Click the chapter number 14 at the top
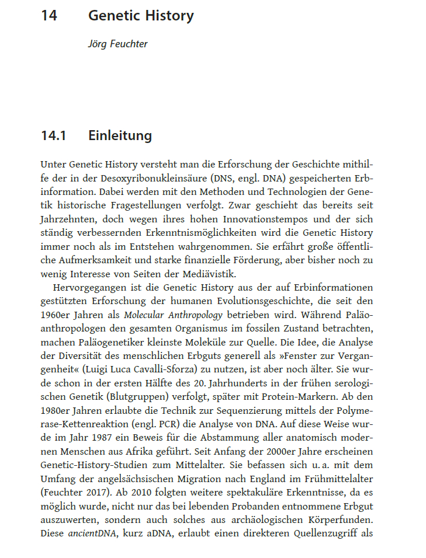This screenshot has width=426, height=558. (49, 16)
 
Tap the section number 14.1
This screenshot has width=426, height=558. (53, 136)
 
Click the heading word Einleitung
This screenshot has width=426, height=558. (120, 136)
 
